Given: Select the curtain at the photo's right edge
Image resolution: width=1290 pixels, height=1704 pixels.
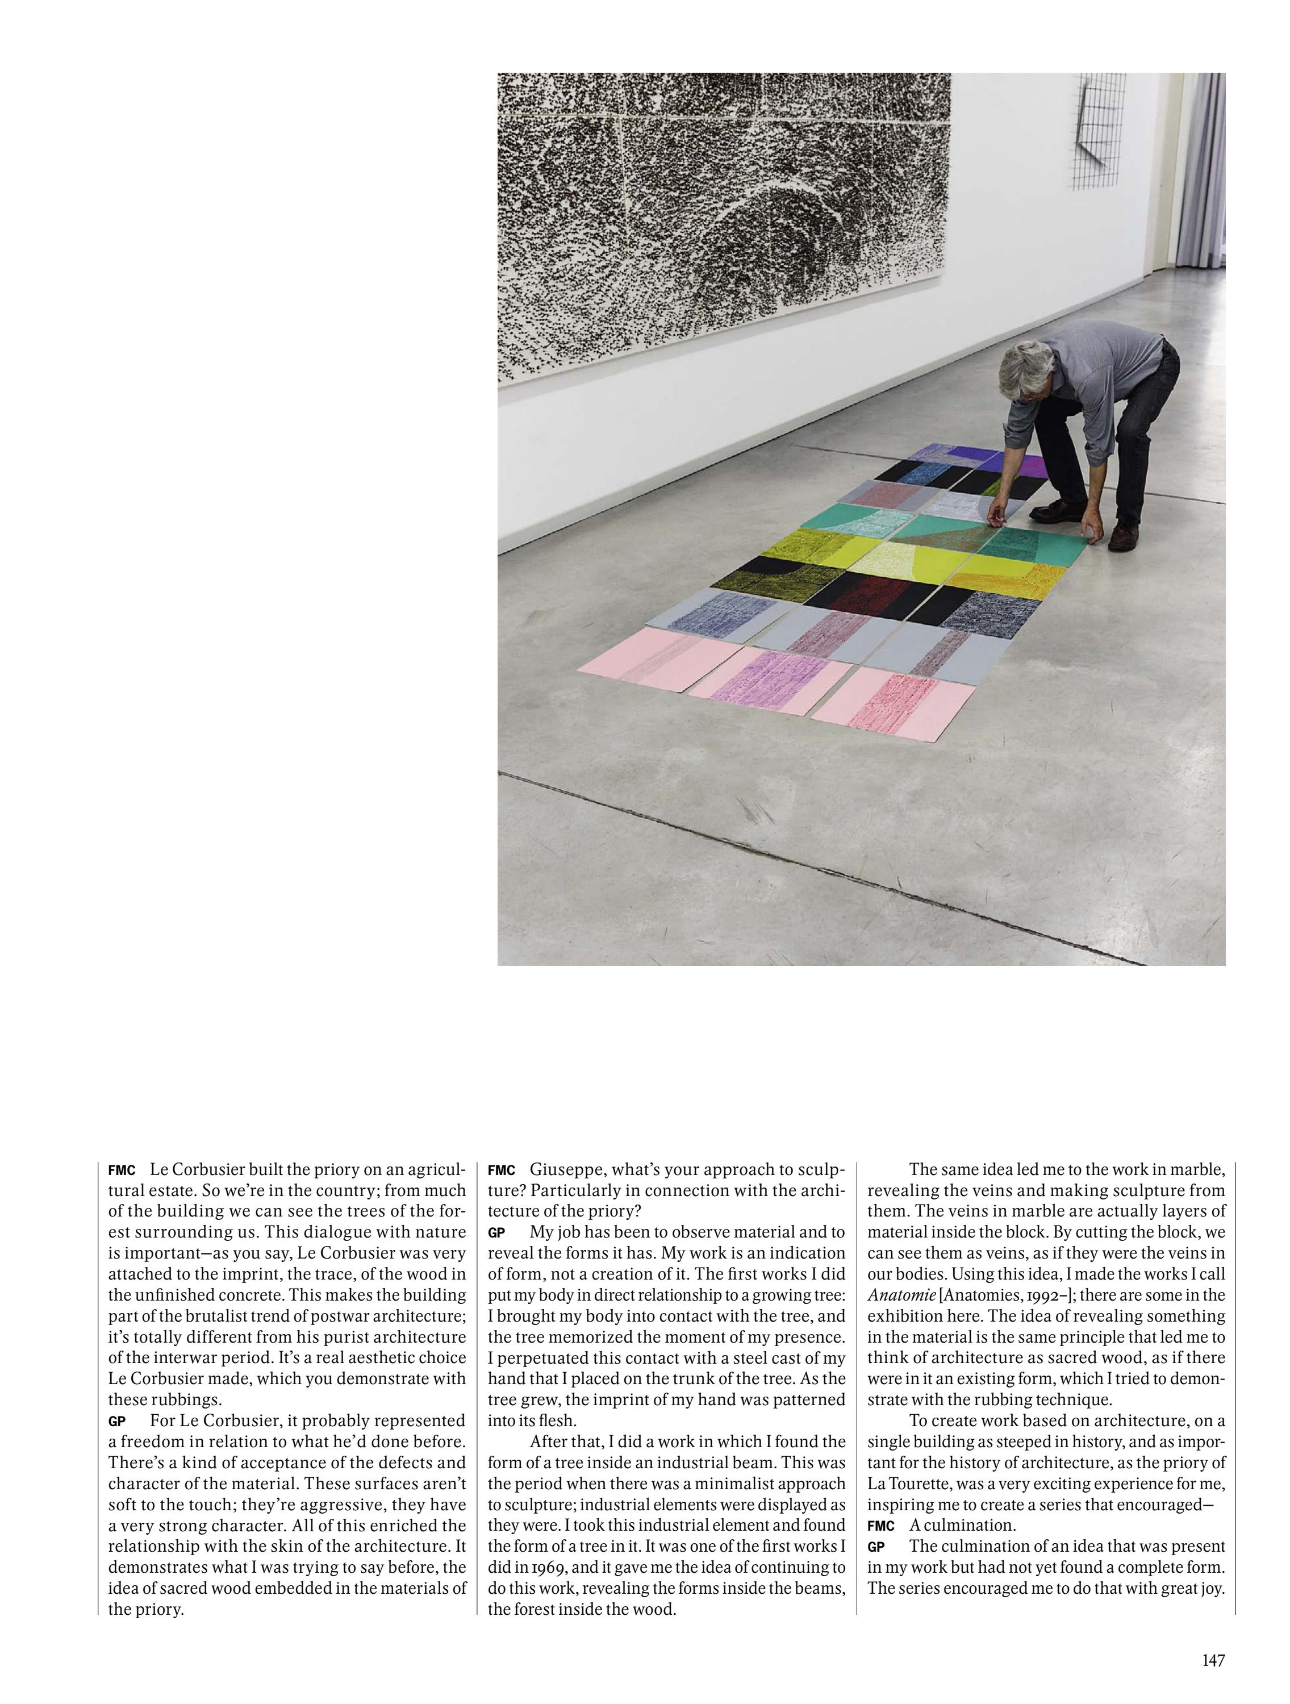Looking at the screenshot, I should [1202, 169].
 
